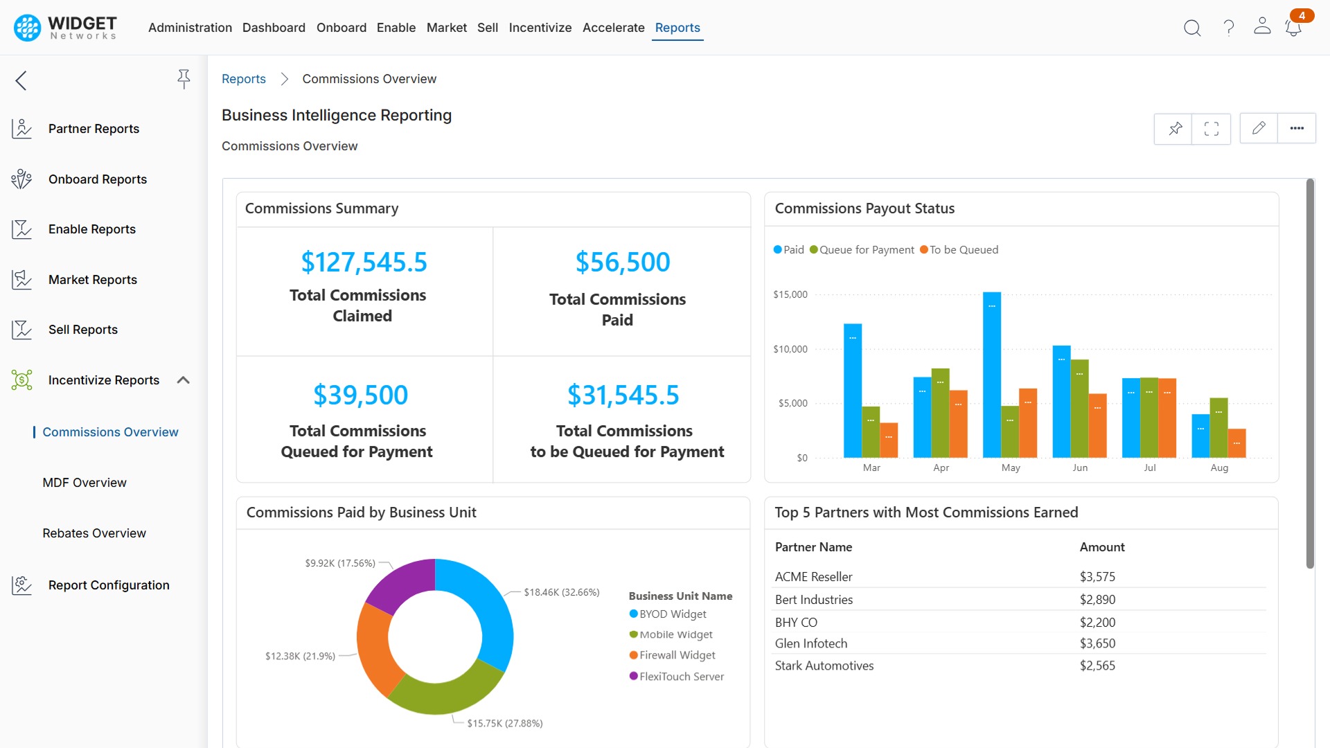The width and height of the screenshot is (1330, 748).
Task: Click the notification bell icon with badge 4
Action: click(1293, 28)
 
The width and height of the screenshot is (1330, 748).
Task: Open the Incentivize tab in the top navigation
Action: click(540, 28)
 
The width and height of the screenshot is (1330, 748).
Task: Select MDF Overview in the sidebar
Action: click(85, 483)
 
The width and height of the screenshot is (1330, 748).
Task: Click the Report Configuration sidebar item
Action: click(109, 585)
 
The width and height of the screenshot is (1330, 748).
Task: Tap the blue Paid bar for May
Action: click(991, 374)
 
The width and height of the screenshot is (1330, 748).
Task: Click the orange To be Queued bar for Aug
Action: click(1236, 443)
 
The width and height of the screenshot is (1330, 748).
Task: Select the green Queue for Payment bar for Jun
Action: click(1079, 409)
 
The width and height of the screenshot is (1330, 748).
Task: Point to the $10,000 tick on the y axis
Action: click(790, 349)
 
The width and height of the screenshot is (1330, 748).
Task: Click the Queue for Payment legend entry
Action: click(862, 250)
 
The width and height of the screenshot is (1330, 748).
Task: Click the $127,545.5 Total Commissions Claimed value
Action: click(364, 262)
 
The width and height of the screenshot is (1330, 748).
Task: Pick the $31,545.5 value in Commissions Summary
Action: click(623, 395)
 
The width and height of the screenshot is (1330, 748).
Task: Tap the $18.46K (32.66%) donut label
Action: click(561, 592)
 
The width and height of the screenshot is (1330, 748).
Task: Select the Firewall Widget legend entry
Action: click(676, 655)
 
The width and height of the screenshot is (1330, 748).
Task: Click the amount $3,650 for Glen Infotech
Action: click(1097, 643)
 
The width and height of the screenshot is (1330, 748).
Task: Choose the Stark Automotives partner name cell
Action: click(824, 666)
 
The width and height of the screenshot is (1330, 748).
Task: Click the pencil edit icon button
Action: click(1258, 128)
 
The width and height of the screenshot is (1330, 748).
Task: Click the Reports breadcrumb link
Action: click(243, 79)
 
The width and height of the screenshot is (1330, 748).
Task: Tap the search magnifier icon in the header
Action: click(1191, 28)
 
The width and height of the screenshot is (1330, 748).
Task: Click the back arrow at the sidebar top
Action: click(21, 80)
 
